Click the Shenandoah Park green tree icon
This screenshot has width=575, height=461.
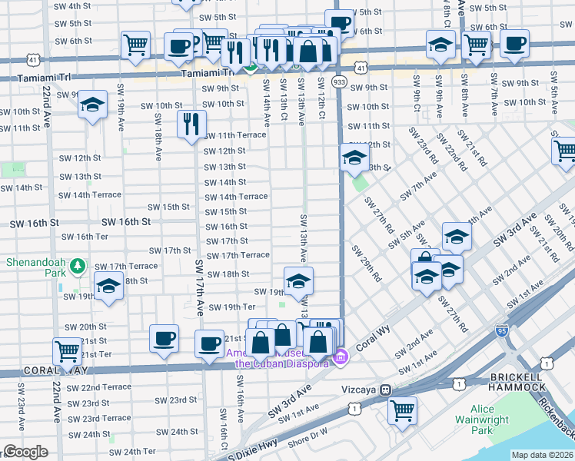pos(77,267)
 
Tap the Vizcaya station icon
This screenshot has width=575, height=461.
pos(387,390)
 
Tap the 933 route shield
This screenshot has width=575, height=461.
pos(339,81)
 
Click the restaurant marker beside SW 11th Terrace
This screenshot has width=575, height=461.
pos(191,123)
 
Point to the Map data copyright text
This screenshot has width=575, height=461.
pos(543,455)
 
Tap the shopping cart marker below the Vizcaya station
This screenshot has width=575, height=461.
pos(402,410)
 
